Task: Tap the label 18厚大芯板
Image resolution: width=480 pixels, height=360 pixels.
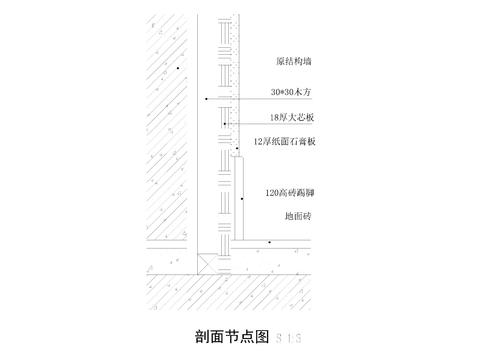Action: (x=289, y=117)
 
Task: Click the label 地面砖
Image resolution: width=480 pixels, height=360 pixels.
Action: (x=297, y=215)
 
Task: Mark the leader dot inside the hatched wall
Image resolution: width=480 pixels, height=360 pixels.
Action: (x=177, y=67)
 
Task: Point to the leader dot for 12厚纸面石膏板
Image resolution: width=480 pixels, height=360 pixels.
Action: (x=236, y=149)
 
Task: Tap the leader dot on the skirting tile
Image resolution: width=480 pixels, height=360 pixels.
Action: (x=242, y=198)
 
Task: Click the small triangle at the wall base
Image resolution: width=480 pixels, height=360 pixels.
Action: (x=204, y=265)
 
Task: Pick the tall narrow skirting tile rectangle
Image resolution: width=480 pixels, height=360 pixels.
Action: (x=242, y=200)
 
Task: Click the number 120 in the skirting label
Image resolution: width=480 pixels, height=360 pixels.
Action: (x=272, y=191)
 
